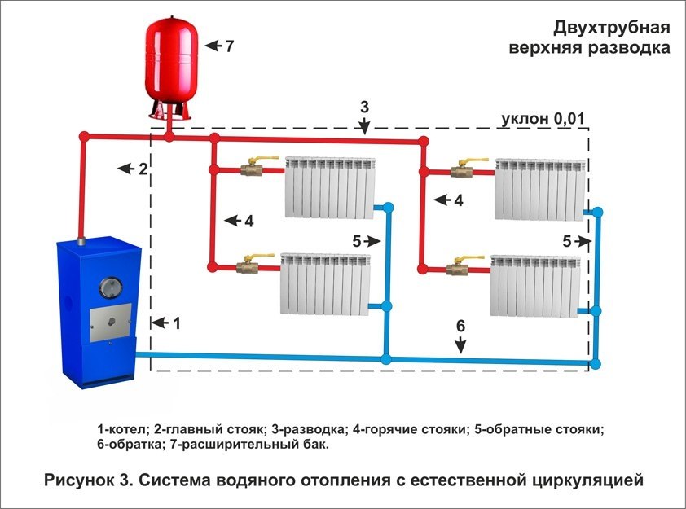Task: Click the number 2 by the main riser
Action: click(x=143, y=169)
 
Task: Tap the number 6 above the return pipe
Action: click(x=460, y=326)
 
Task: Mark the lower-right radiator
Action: click(x=534, y=285)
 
